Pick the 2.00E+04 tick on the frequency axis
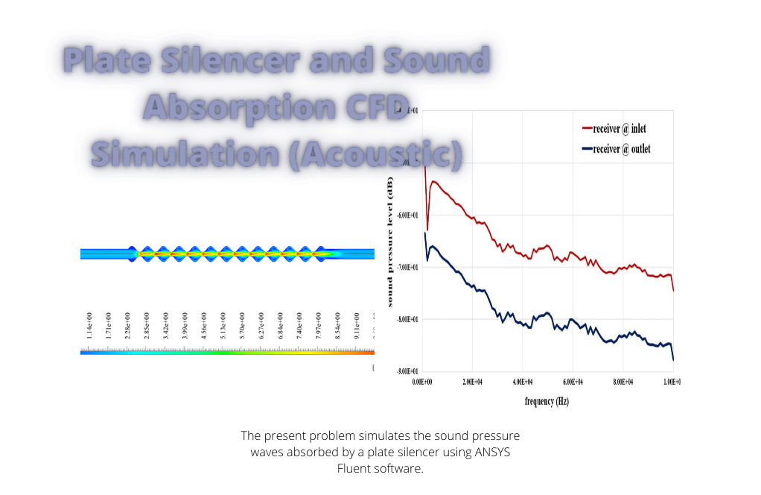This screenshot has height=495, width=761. pos(473,381)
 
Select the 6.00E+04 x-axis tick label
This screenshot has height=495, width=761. pos(573,381)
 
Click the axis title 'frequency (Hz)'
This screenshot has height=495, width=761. pos(547,401)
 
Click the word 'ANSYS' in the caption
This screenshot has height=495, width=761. pos(491,452)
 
